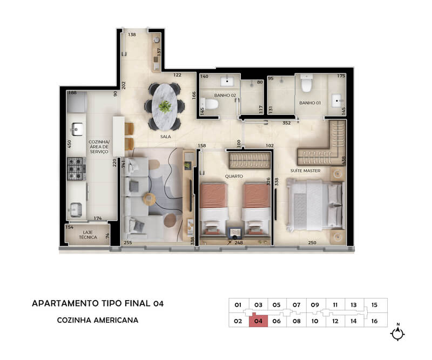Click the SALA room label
click(x=165, y=137)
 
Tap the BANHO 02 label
click(x=225, y=96)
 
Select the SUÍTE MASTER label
click(x=305, y=171)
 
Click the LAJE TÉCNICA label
click(x=88, y=235)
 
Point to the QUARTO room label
click(x=234, y=176)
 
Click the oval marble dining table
click(x=165, y=106)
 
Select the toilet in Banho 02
click(x=210, y=104)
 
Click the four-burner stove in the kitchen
click(x=76, y=168)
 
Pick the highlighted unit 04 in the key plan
click(x=258, y=321)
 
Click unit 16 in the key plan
click(x=374, y=321)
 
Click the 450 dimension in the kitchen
click(x=70, y=144)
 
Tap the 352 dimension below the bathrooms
click(x=287, y=123)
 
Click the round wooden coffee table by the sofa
click(x=150, y=199)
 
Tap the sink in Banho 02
click(x=227, y=81)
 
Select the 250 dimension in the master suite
click(x=312, y=243)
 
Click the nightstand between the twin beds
click(x=235, y=232)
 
